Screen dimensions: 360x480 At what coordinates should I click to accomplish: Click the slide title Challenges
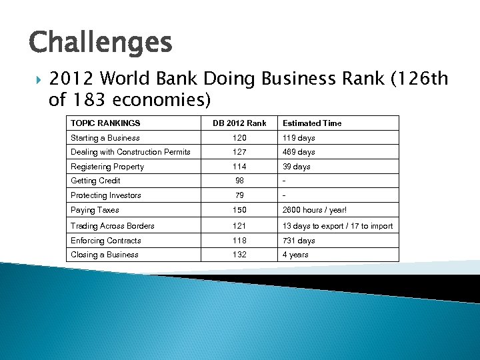point(101,43)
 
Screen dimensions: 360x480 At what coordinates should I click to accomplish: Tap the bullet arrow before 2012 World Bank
point(35,79)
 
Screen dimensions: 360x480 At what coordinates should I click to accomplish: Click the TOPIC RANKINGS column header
point(105,123)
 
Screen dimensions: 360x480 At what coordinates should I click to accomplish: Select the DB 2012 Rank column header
point(239,123)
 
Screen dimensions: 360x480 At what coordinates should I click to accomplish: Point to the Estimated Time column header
point(312,123)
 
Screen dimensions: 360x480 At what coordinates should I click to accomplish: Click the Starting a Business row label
point(105,138)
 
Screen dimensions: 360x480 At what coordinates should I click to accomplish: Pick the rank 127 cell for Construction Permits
point(239,152)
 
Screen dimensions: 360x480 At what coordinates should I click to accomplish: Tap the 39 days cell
point(297,167)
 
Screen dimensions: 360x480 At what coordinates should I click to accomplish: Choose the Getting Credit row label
point(95,181)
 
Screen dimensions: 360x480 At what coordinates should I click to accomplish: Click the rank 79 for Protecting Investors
point(239,195)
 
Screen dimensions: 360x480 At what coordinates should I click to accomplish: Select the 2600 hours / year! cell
point(315,210)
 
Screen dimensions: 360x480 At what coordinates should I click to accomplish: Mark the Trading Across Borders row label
point(113,226)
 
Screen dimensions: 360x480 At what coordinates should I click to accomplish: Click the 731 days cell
point(299,241)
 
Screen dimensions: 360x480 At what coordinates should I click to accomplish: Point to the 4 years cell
point(295,255)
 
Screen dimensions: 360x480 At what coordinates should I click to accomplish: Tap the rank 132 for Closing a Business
point(239,255)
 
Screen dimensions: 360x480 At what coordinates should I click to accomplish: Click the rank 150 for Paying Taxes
point(239,210)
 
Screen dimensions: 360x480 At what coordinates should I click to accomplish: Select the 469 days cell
point(299,152)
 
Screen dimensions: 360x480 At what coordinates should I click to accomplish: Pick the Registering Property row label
point(107,167)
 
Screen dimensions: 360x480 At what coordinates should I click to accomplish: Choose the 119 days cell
point(299,138)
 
